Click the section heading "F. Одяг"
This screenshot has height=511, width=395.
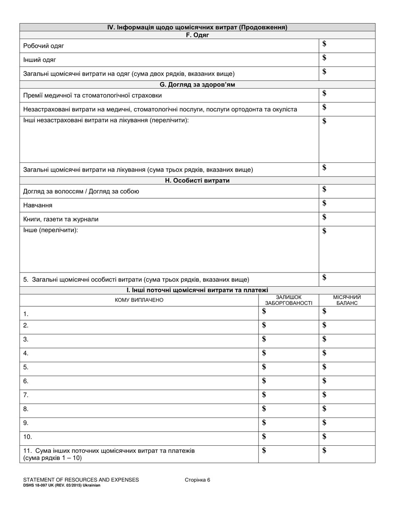click(x=197, y=35)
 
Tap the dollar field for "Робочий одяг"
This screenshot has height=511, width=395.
click(x=347, y=45)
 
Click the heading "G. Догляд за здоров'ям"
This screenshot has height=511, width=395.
click(x=197, y=84)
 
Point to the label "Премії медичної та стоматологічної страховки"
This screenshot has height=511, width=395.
click(x=92, y=96)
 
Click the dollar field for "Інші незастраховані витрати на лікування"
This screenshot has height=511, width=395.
click(x=347, y=139)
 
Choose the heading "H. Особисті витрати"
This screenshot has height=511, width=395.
click(x=197, y=181)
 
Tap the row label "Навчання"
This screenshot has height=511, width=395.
click(x=38, y=206)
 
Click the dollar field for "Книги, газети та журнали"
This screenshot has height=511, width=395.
click(x=347, y=219)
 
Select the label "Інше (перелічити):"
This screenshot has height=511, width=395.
click(x=50, y=230)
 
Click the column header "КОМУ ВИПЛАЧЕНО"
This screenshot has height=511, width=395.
click(x=139, y=300)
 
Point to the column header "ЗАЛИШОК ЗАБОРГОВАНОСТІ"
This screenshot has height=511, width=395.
click(x=289, y=300)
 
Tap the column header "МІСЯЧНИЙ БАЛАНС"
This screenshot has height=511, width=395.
click(x=347, y=300)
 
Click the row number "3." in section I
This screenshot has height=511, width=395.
click(x=26, y=339)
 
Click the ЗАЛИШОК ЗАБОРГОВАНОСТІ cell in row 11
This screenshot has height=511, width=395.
click(x=289, y=454)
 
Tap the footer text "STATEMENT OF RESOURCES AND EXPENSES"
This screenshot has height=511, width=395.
click(x=81, y=480)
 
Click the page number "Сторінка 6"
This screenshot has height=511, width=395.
click(x=197, y=480)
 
